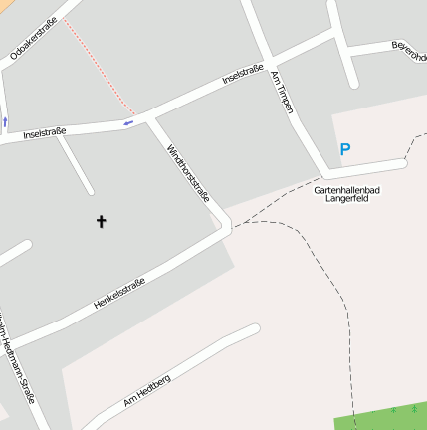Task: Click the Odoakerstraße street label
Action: (33, 39)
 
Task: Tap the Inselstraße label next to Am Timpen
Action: (243, 77)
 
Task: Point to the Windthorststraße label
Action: (188, 174)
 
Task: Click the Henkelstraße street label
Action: (119, 293)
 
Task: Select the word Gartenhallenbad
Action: (346, 188)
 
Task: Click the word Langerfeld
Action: (346, 198)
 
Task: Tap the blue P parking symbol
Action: (345, 150)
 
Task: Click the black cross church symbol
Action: (101, 220)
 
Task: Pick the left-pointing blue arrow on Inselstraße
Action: (127, 122)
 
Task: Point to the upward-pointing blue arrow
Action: (5, 121)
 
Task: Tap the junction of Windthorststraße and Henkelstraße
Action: (226, 231)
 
